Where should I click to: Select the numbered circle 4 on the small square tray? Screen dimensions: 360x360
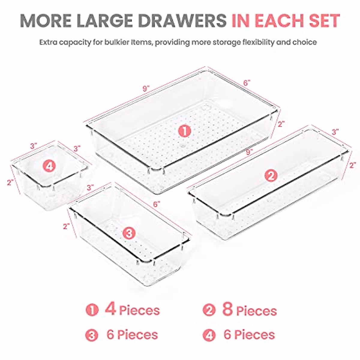coord(49,166)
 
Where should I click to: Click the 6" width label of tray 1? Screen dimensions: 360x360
coord(247,83)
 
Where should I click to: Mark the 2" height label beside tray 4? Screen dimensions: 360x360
coord(11,182)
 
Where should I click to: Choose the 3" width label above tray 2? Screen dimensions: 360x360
coord(335,131)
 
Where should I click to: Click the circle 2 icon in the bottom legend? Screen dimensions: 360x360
coord(209,310)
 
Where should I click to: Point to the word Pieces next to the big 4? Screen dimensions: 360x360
coord(139,310)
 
